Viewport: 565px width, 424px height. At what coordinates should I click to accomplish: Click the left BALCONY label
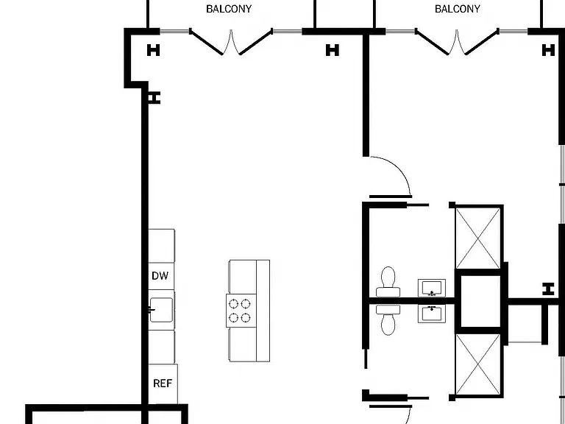(229, 9)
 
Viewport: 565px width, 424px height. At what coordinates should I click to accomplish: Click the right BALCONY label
(458, 9)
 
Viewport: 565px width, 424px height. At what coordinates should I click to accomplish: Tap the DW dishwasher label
(160, 276)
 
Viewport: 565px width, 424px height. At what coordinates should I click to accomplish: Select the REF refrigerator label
(163, 384)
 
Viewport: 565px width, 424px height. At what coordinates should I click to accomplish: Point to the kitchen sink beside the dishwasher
(161, 310)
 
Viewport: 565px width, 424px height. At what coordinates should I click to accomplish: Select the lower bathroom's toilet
(388, 320)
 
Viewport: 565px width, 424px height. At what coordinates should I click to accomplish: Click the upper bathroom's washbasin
(432, 288)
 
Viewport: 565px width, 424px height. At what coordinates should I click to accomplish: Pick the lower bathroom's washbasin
(432, 314)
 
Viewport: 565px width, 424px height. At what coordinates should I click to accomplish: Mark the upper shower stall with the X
(478, 238)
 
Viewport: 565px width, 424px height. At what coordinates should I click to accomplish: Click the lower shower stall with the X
(478, 364)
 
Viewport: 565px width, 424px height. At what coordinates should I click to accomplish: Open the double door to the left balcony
(230, 42)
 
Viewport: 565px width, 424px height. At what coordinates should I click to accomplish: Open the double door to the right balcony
(457, 42)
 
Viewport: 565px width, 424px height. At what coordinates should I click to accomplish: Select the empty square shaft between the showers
(479, 301)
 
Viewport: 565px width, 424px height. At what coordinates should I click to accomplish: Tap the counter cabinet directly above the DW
(162, 246)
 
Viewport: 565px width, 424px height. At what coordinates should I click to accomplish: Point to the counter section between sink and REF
(162, 347)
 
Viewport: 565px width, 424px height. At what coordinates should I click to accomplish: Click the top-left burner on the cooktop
(234, 304)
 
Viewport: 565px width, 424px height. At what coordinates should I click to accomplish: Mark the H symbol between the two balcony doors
(333, 50)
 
